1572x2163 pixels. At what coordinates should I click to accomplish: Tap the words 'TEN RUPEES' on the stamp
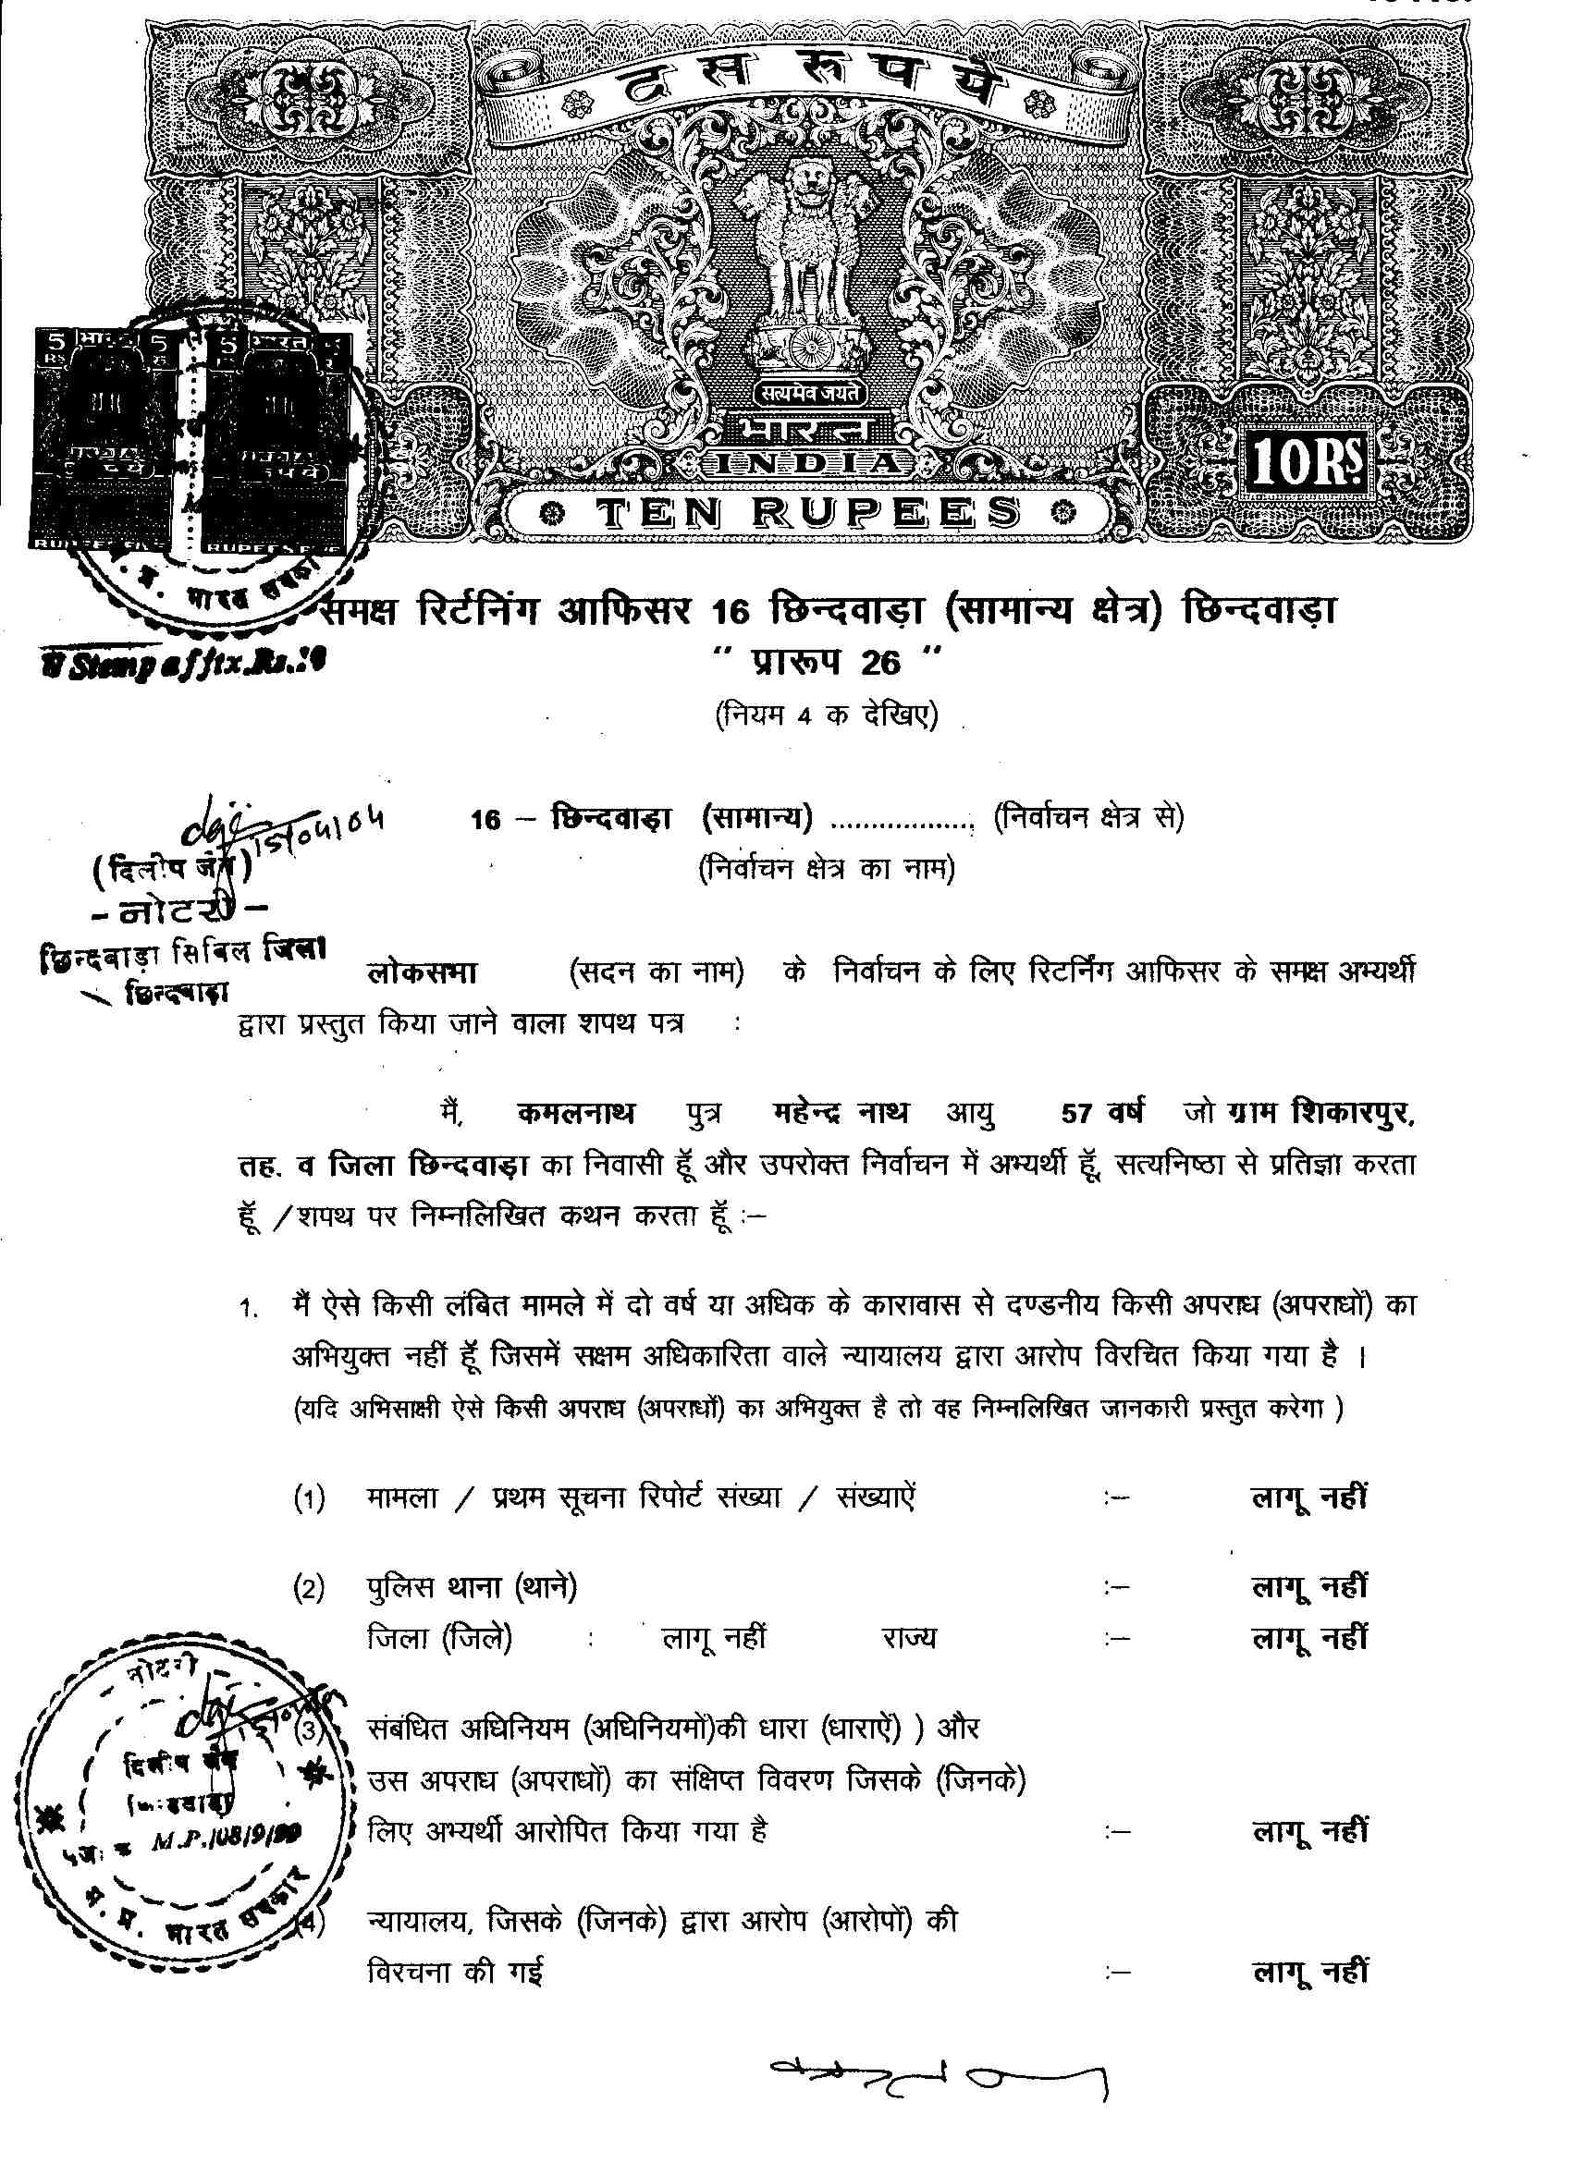point(806,514)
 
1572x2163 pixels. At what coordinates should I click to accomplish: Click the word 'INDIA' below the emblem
point(807,463)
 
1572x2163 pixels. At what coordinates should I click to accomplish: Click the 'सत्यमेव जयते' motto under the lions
point(810,392)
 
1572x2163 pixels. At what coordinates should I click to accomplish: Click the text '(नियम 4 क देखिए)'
point(826,715)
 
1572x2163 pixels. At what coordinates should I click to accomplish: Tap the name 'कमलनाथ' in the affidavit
point(575,1113)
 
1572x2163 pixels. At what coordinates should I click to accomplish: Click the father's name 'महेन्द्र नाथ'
point(840,1113)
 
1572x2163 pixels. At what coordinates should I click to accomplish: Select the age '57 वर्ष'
point(1101,1113)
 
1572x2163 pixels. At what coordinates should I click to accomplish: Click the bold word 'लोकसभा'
point(422,973)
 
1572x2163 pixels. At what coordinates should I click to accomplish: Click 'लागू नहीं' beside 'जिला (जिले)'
point(714,1640)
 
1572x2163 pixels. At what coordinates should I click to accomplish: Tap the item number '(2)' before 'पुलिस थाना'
point(308,1588)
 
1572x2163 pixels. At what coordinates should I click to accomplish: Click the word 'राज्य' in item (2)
point(908,1640)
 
